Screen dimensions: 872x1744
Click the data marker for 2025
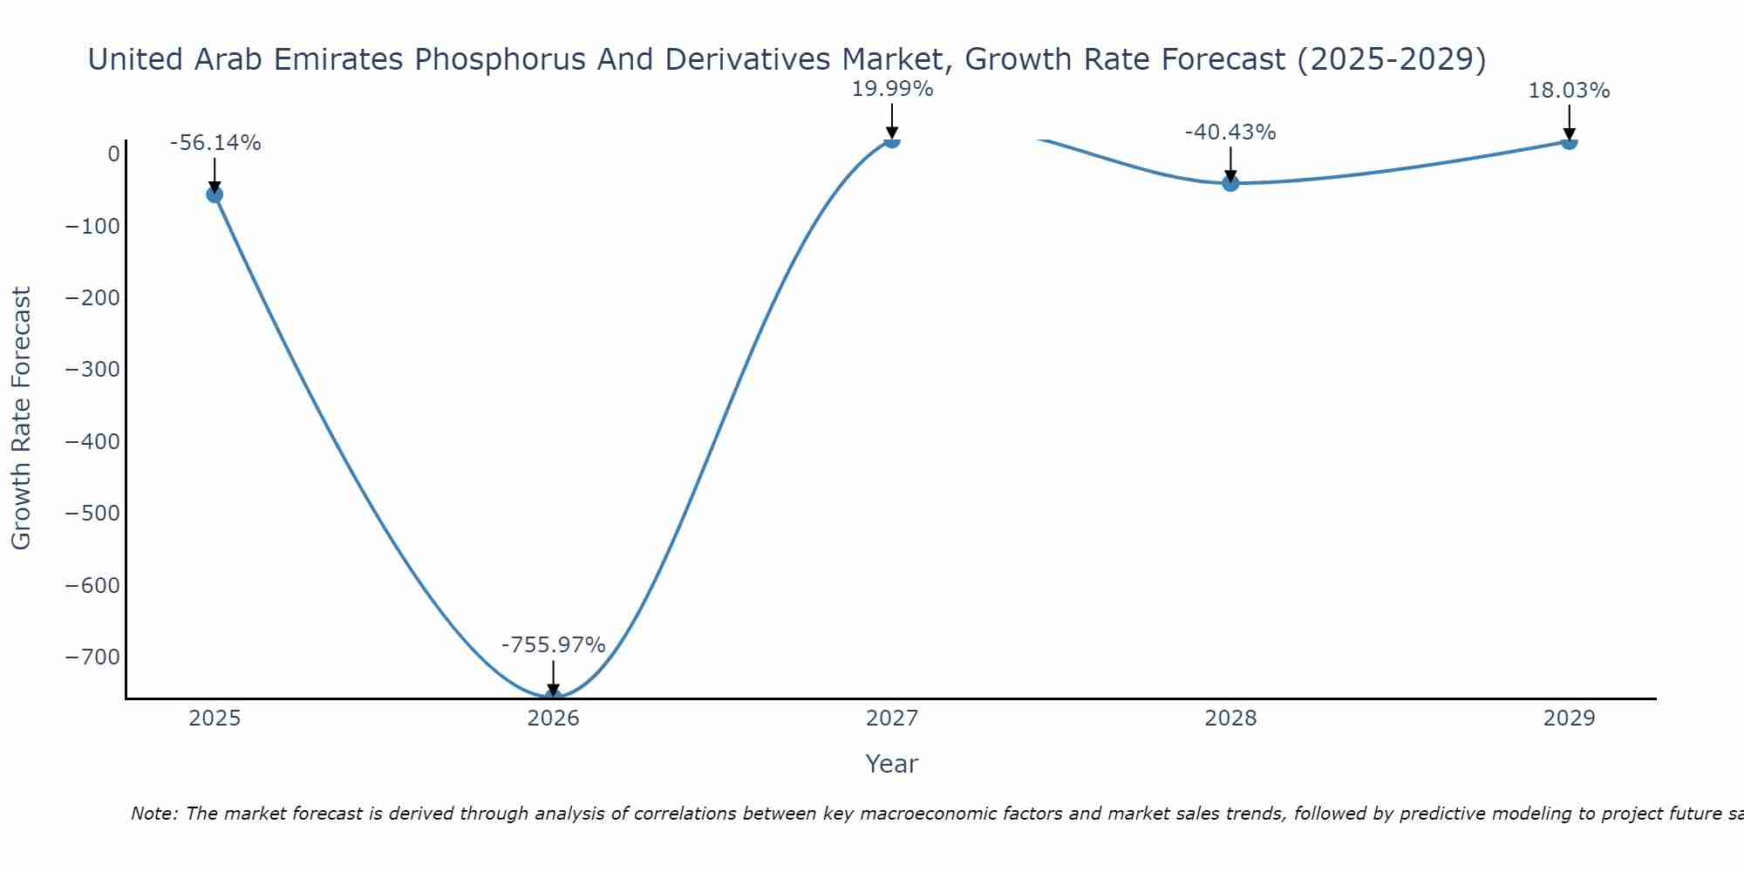point(215,194)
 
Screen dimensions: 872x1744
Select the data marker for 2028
point(1230,182)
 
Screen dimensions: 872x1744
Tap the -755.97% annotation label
point(553,645)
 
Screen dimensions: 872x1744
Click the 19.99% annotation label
point(892,89)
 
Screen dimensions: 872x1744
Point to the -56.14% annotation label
point(215,143)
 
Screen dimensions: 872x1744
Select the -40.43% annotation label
point(1230,133)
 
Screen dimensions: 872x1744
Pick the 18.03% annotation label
point(1569,91)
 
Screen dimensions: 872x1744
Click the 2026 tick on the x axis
point(553,719)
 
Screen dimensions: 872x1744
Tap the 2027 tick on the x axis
point(892,719)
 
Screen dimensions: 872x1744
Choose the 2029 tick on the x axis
point(1569,719)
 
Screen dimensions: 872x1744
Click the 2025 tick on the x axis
point(215,719)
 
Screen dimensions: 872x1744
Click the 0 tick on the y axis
point(114,154)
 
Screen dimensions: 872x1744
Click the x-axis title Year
point(891,764)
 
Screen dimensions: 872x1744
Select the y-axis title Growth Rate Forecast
point(21,418)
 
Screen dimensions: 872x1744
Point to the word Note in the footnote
point(153,814)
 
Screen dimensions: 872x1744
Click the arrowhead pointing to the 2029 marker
point(1569,135)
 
